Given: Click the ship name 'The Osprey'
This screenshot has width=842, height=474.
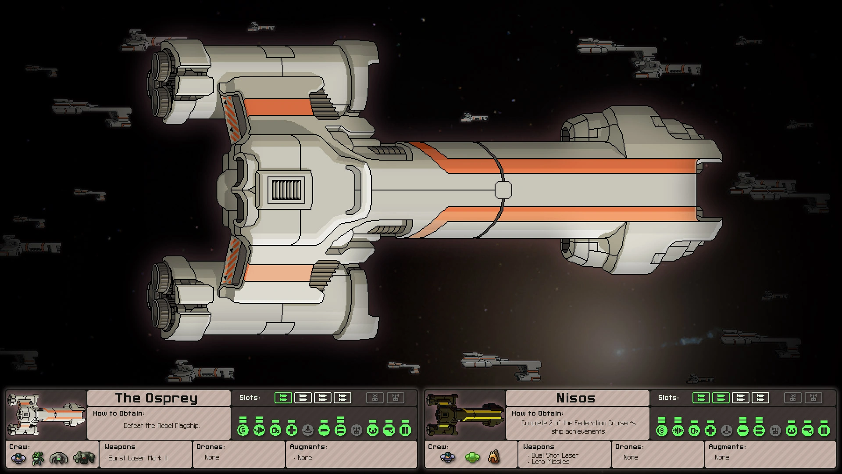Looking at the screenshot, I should point(156,398).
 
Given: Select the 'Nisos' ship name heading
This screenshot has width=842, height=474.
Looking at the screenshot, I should point(575,398).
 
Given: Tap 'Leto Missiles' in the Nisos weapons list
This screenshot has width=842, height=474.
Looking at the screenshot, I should point(550,462).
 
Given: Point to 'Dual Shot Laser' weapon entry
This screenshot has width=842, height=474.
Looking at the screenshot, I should point(555,456).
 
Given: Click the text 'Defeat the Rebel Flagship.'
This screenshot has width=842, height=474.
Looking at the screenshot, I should point(161,426).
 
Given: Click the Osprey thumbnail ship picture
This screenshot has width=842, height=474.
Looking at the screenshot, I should point(46,414).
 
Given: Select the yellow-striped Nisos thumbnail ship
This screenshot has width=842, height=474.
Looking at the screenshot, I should point(465,414).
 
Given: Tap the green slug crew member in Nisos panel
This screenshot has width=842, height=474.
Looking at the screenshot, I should point(472,458).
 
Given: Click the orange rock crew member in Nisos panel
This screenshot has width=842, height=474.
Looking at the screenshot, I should point(494,457).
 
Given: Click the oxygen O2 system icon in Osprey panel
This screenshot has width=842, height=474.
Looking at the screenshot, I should point(275,430).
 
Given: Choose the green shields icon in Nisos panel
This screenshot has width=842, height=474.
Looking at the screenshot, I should point(661,430).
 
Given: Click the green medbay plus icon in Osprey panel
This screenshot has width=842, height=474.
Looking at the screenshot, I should point(292,430).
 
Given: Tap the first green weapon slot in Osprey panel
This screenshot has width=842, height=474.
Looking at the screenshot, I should point(283,398).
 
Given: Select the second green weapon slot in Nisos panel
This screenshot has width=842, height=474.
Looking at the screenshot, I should point(721,398).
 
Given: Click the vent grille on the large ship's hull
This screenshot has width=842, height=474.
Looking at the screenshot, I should point(287,190).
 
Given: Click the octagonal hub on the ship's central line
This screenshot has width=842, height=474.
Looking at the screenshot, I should point(503,190).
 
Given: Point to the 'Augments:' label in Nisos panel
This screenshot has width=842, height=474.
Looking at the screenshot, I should point(727,447).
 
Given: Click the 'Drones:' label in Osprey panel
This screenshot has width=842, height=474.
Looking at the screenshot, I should point(210,447).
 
